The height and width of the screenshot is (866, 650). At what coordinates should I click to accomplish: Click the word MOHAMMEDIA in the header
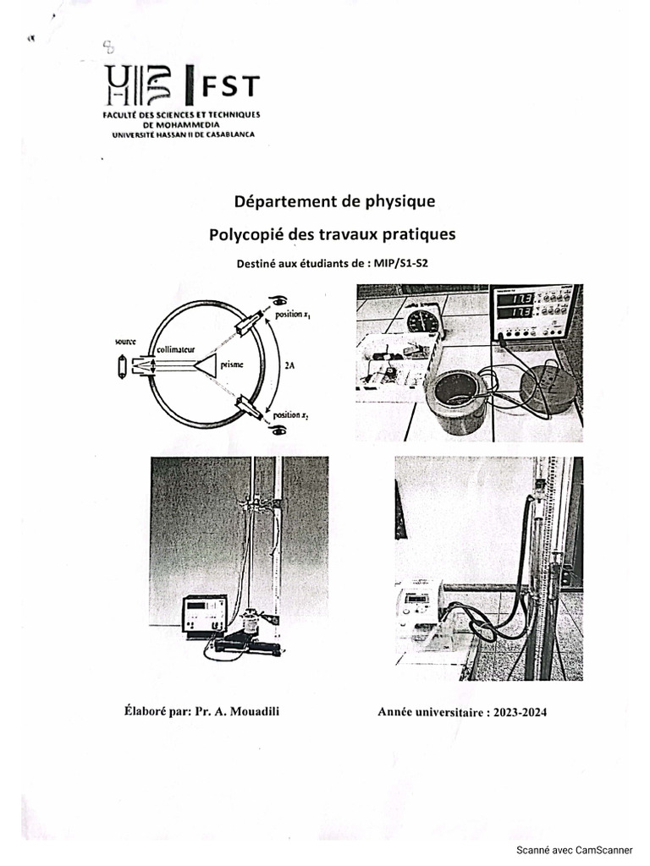click(181, 123)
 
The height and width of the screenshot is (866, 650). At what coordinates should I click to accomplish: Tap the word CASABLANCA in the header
click(223, 134)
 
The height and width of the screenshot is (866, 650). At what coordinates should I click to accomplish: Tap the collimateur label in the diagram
click(177, 348)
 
